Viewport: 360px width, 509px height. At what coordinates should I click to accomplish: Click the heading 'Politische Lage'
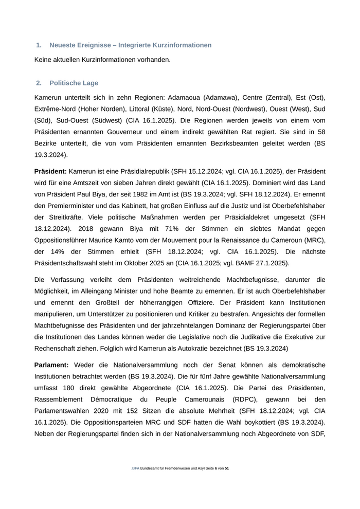74,83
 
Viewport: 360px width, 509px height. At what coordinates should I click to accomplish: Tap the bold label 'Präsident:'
50,171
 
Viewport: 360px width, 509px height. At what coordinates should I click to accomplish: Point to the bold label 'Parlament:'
51,365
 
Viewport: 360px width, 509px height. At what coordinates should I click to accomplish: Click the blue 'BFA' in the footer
135,469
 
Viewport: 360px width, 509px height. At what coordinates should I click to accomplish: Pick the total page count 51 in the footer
227,469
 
